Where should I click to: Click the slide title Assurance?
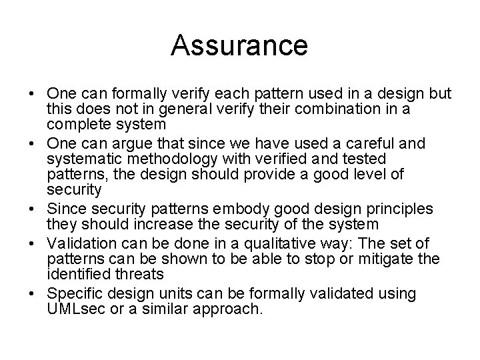[239, 46]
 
